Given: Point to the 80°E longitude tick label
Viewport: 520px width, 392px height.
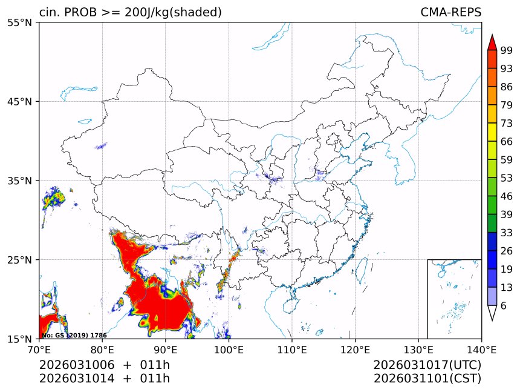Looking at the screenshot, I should click(102, 350).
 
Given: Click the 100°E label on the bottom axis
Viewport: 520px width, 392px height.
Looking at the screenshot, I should click(229, 350).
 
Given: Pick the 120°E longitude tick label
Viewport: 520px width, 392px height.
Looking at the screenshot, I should click(355, 350).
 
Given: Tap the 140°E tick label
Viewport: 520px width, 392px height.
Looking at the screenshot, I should click(481, 350).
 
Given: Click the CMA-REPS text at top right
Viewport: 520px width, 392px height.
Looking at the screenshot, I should click(450, 12).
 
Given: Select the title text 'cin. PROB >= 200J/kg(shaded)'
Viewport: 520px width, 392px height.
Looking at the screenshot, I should click(130, 12).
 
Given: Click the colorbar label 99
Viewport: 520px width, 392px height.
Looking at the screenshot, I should click(507, 50).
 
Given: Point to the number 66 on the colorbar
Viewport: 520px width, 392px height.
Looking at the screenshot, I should click(507, 142).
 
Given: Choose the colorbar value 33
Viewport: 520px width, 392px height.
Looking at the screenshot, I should click(507, 233).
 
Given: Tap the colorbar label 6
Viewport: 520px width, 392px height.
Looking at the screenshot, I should click(504, 306).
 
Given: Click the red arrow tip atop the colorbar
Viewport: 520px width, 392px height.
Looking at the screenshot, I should click(492, 42).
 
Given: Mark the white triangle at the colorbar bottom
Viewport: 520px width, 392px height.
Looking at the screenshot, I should click(492, 313).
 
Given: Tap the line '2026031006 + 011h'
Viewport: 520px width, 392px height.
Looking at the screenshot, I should click(105, 365).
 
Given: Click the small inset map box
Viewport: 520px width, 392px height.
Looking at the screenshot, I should click(454, 299).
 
